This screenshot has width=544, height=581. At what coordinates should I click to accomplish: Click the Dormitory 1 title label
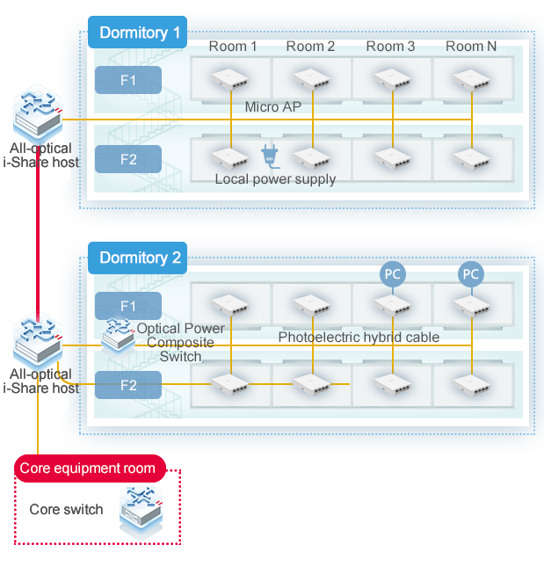[138, 33]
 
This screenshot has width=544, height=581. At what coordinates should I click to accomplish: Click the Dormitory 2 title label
[139, 258]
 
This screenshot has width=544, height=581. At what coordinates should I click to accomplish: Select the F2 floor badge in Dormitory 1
[128, 160]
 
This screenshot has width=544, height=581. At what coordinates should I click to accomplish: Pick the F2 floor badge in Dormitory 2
[128, 384]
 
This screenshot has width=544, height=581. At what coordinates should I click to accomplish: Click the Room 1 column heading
[233, 46]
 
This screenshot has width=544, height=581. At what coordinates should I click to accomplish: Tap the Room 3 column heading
[390, 46]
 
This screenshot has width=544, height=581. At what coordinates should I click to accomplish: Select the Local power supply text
[275, 179]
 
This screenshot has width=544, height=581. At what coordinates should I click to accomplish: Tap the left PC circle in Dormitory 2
[392, 274]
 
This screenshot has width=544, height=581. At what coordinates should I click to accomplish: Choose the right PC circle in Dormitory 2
[471, 274]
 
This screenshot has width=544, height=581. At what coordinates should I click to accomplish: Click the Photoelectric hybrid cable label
[359, 337]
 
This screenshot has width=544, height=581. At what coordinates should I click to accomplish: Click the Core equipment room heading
[87, 468]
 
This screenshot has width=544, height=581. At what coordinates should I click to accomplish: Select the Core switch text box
[66, 510]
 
